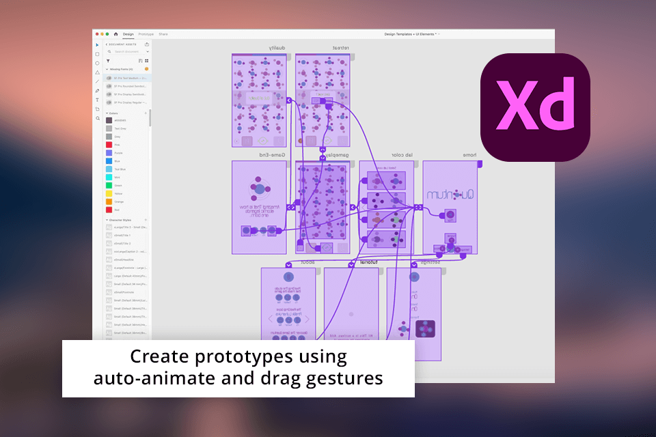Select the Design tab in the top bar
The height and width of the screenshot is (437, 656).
[x=128, y=33]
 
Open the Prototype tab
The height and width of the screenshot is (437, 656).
[x=146, y=33]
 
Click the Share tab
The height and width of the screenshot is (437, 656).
[x=163, y=33]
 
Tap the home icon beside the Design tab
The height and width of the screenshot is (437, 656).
[x=115, y=33]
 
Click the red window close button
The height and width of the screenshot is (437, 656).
[x=97, y=33]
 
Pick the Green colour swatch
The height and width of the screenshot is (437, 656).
[x=109, y=185]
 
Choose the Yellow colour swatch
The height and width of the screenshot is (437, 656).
[x=109, y=193]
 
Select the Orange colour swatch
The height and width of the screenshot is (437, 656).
[x=109, y=201]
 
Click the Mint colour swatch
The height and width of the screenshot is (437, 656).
[x=109, y=177]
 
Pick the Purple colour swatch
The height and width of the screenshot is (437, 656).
[x=109, y=152]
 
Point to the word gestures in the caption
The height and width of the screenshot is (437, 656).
[x=346, y=378]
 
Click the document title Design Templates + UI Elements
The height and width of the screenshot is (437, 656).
[x=410, y=33]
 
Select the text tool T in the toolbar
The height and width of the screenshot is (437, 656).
[x=97, y=100]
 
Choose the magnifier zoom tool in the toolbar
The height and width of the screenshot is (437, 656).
[x=97, y=118]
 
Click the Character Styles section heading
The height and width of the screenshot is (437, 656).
[x=122, y=220]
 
